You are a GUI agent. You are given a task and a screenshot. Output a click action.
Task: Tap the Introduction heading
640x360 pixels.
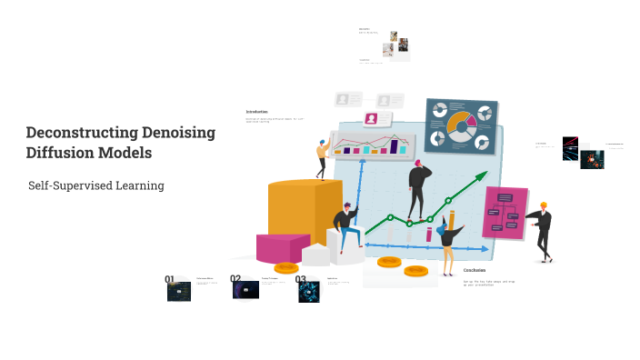tap(256, 112)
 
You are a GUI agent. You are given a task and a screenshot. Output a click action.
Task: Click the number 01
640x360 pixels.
tap(170, 280)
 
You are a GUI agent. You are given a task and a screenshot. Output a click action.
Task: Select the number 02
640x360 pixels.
tap(235, 280)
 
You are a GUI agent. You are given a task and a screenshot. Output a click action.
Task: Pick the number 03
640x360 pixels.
tap(301, 280)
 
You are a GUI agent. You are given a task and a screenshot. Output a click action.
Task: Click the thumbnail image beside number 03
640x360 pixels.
tap(309, 291)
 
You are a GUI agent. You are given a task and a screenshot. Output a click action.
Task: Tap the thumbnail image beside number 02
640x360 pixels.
tap(246, 290)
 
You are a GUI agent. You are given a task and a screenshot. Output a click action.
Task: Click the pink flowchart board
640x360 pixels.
tap(505, 213)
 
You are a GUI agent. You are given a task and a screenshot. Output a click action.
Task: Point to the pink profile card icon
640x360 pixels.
tap(371, 119)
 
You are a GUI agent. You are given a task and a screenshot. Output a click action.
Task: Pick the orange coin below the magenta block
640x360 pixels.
tap(286, 268)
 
